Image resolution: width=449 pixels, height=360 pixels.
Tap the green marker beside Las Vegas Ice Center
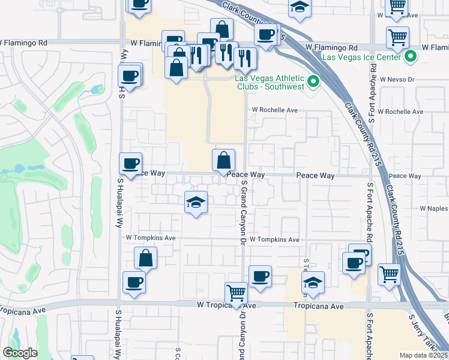pos(411,58)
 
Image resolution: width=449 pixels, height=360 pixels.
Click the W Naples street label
pos(434,208)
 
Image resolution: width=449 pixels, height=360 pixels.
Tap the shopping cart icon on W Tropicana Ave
pos(237,293)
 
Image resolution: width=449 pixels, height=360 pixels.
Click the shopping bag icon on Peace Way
pos(223,160)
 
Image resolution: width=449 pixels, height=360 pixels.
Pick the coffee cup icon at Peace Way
pos(130,163)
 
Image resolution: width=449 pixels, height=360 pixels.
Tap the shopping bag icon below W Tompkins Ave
pos(146,259)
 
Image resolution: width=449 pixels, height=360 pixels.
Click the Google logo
pos(20,353)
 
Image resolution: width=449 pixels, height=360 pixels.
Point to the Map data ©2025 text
pos(423,355)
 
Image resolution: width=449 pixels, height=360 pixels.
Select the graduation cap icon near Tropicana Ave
pos(313,282)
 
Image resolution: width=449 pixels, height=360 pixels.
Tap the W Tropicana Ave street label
pos(227,306)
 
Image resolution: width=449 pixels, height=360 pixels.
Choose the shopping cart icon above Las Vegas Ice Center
pos(397,37)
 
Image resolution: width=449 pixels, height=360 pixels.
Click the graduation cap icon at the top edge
pos(299,7)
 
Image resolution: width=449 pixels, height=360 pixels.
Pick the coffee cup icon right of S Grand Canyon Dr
pos(260,276)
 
